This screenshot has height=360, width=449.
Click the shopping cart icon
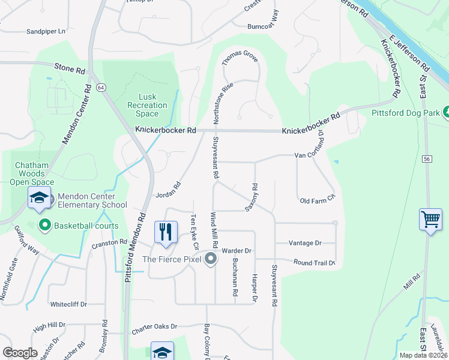[431, 220]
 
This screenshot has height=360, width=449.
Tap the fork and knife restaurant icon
[166, 231]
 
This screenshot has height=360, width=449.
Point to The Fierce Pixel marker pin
[211, 259]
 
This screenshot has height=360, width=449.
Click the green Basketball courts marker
[44, 226]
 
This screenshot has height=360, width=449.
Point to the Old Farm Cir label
[317, 200]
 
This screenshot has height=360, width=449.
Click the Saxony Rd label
[252, 197]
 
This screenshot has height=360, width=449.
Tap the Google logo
[20, 353]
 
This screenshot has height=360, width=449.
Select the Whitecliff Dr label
[68, 304]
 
